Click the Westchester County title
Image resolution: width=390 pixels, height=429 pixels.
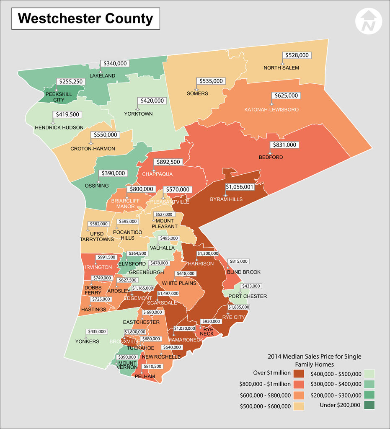click(x=85, y=19)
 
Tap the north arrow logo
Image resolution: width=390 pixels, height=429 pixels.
click(x=369, y=21)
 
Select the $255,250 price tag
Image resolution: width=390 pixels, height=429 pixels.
click(x=70, y=82)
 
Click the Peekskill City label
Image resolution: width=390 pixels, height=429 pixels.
click(x=59, y=97)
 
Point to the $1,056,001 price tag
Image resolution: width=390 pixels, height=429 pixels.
click(x=240, y=187)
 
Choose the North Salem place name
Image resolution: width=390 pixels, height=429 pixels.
click(x=281, y=68)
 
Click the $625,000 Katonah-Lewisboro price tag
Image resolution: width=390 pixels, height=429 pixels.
click(x=286, y=96)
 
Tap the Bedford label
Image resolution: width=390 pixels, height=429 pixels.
click(x=271, y=158)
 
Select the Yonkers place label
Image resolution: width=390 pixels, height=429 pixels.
click(x=88, y=341)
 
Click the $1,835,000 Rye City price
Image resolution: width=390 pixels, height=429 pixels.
click(x=239, y=307)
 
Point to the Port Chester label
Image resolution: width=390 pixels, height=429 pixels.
click(x=248, y=296)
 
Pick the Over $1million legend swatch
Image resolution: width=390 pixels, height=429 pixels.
click(x=299, y=373)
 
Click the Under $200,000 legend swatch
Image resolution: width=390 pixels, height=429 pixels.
click(x=369, y=405)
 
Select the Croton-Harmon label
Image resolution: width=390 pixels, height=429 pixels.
click(x=93, y=149)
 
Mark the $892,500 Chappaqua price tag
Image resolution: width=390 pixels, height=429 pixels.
click(x=168, y=162)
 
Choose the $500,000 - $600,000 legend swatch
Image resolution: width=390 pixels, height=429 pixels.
click(x=299, y=406)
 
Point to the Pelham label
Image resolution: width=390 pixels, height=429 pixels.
click(x=145, y=377)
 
